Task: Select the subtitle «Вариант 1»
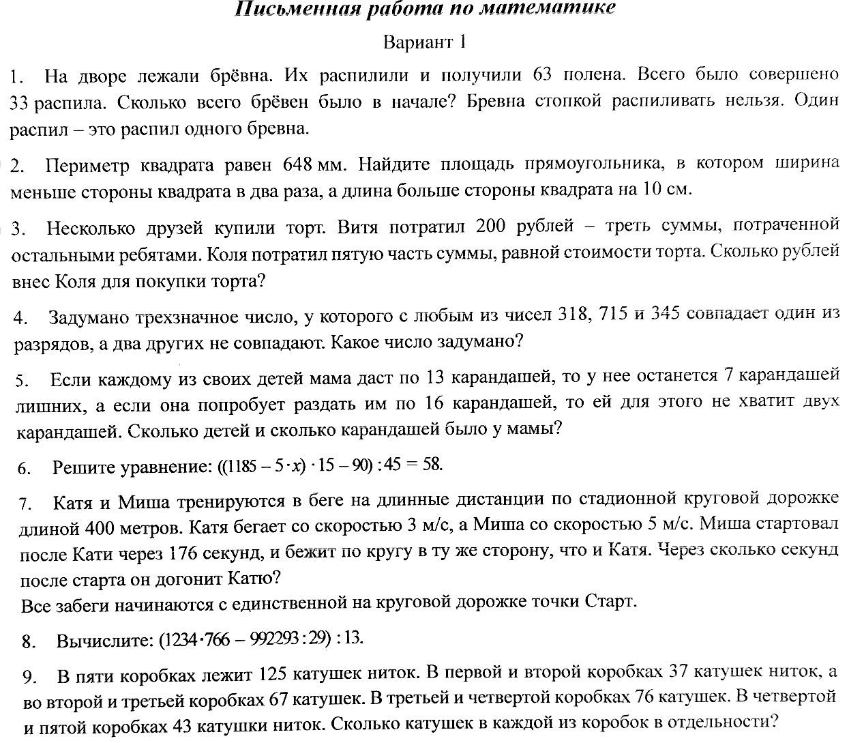[x=425, y=42]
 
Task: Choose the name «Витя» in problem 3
[x=359, y=225]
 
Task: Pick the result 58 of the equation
[x=432, y=465]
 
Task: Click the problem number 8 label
[x=29, y=641]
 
